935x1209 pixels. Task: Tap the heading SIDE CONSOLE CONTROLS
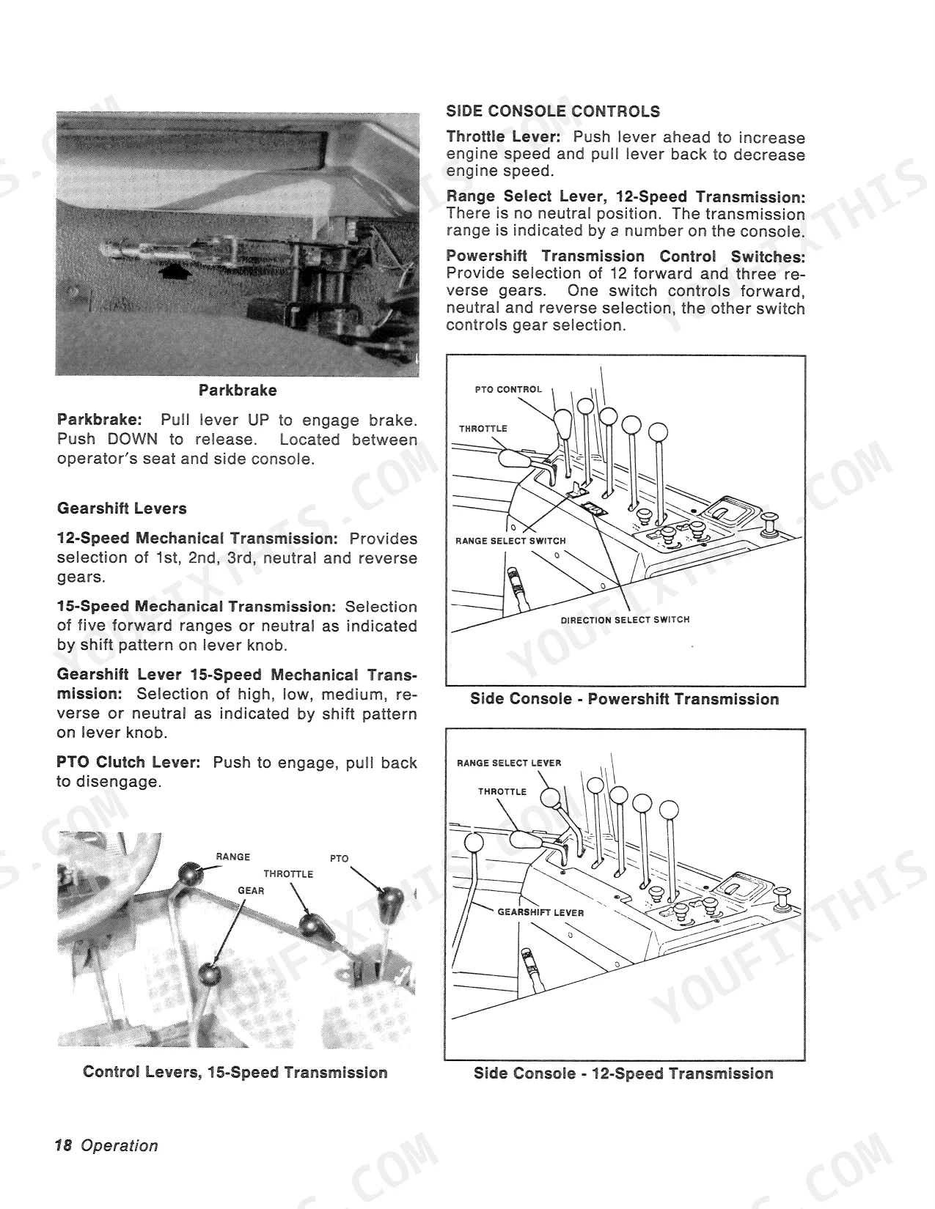(553, 111)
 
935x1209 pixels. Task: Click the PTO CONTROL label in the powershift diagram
(508, 390)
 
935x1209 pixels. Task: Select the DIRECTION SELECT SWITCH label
(625, 619)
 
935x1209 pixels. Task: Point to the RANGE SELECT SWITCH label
(510, 541)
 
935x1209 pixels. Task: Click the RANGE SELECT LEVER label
(509, 763)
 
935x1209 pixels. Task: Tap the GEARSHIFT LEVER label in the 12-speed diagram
(540, 912)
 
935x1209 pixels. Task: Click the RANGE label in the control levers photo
(232, 857)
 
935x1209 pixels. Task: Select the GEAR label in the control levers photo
(251, 890)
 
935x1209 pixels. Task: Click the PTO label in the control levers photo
(339, 859)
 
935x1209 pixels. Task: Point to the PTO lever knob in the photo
(390, 901)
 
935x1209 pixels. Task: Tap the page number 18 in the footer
(64, 1145)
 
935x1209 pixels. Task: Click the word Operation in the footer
(120, 1146)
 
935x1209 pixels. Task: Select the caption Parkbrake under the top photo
(238, 390)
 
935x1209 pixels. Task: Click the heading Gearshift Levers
(122, 509)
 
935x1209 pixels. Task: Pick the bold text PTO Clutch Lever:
(128, 762)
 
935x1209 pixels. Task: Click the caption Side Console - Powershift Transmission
(624, 699)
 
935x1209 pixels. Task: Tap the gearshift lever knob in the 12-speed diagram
(474, 843)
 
